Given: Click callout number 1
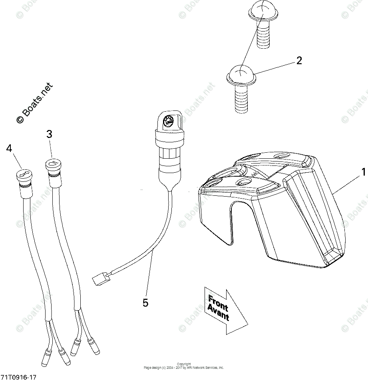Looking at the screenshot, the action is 363,172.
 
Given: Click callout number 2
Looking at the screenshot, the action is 299,61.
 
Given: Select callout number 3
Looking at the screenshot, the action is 49,135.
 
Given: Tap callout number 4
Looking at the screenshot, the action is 9,148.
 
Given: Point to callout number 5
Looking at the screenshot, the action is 145,303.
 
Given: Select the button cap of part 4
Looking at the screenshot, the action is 24,174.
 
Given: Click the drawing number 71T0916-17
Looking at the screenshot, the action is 19,377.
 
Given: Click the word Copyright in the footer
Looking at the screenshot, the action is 184,364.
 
